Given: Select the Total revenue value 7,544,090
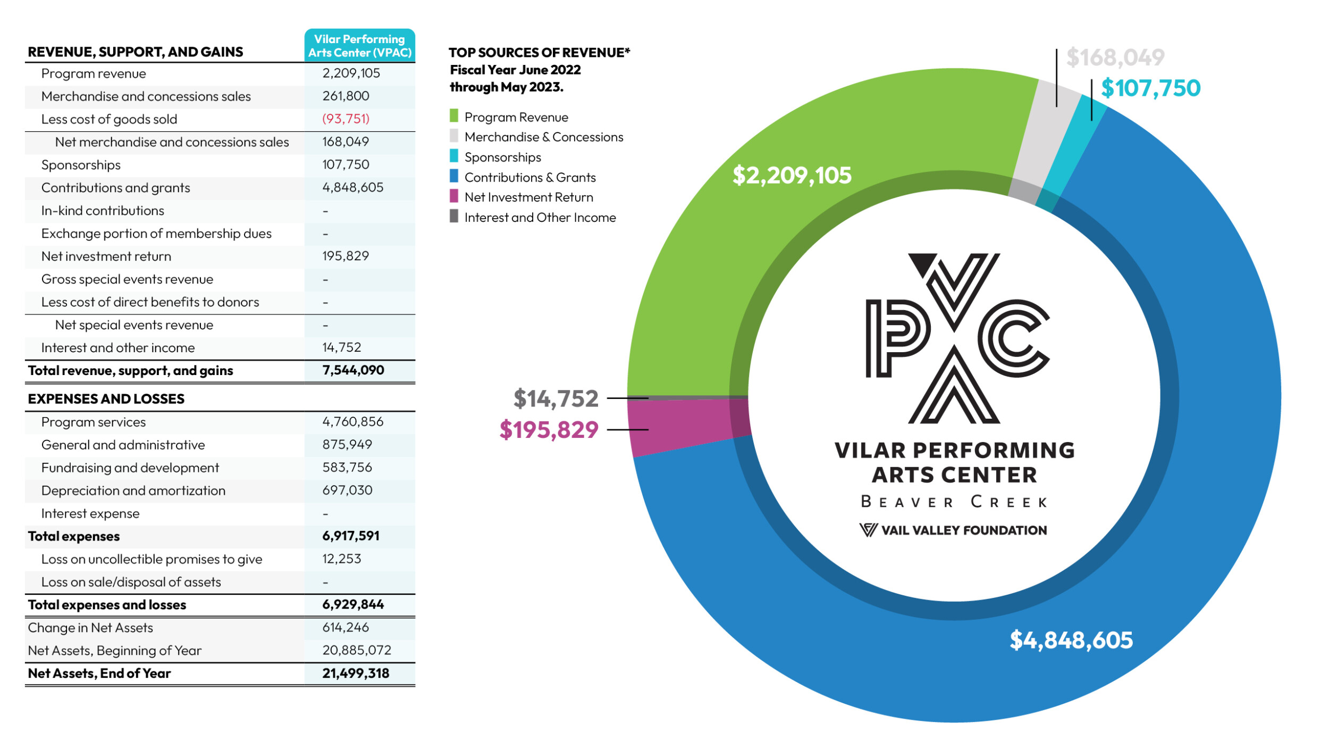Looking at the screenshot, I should tap(353, 370).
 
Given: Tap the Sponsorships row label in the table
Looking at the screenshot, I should tap(81, 165).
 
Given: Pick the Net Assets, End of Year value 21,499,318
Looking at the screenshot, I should tap(356, 674).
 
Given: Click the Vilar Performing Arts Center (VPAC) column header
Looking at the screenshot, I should tap(360, 46).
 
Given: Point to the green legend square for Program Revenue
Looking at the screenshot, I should tap(453, 116).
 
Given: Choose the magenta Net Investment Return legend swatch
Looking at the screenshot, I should tap(453, 196).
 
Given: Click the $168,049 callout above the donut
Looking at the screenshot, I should tap(1115, 57).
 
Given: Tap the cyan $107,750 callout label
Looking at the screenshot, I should tap(1150, 88).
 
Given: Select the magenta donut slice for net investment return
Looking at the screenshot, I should tap(686, 426).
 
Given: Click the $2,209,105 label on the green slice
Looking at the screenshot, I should tap(792, 176).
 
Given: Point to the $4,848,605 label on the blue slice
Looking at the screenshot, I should tap(1071, 640).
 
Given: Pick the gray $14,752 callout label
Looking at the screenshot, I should tap(556, 398).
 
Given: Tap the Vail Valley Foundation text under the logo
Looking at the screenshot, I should tap(963, 530).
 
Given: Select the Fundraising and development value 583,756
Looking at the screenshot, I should tap(347, 468).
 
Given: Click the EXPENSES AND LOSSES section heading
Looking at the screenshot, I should tap(106, 399).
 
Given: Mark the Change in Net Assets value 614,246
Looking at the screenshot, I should tap(346, 628).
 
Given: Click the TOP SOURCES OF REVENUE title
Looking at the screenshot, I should tap(539, 53).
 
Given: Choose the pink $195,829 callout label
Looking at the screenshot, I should tap(549, 430).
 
